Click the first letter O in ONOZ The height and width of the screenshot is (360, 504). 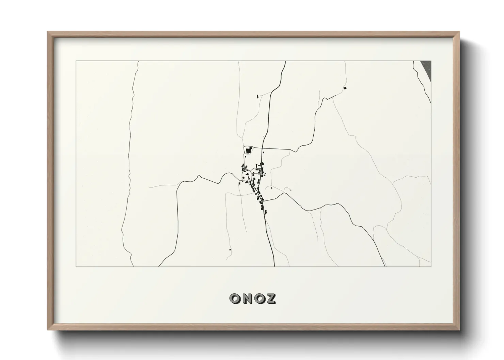(x=235, y=299)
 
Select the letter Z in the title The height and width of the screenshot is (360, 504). (x=270, y=299)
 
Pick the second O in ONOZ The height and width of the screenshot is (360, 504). (x=258, y=299)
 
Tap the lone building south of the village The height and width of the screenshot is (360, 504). (x=230, y=250)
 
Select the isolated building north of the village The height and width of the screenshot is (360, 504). (x=257, y=96)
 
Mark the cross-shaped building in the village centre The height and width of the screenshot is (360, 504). (x=248, y=174)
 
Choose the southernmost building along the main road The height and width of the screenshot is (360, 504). (x=265, y=213)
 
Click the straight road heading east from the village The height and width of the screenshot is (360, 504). (x=276, y=149)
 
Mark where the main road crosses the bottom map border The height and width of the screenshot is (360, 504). (x=274, y=266)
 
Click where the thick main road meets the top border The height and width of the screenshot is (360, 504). (x=285, y=61)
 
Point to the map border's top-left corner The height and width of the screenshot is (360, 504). (x=76, y=61)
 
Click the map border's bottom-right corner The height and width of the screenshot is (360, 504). (x=431, y=266)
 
